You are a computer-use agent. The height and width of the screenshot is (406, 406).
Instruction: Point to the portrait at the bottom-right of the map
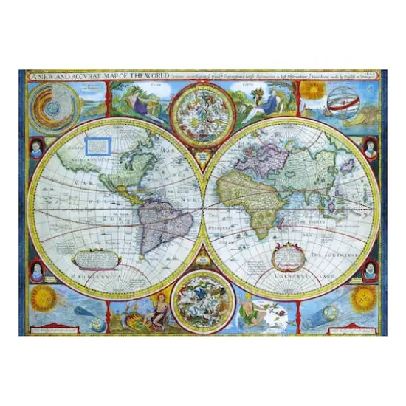[x=370, y=271]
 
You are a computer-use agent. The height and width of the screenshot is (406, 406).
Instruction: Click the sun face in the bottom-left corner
[x=41, y=300]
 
